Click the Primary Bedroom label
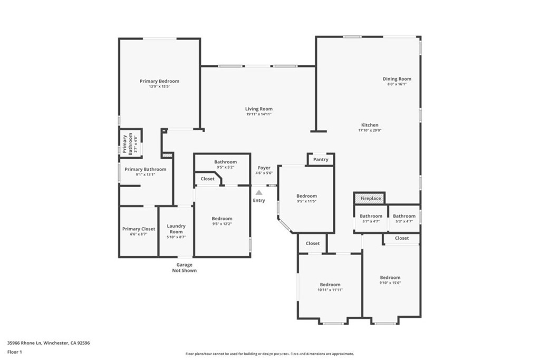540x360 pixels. coord(159,81)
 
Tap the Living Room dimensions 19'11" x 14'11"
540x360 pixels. coord(258,114)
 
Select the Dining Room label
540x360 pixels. coord(397,79)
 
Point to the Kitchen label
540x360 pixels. coord(369,125)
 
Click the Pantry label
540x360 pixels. coord(321,159)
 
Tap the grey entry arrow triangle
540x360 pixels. coord(259,193)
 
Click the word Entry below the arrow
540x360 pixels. coord(259,200)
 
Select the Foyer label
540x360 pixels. coord(264,168)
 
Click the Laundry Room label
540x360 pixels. coord(176,229)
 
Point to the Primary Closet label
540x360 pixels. coord(139,229)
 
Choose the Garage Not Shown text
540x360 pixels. coord(184,268)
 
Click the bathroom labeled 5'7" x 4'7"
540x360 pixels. coord(371,218)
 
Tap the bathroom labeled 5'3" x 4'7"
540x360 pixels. coord(404,218)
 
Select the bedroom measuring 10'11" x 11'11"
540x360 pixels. coord(330,287)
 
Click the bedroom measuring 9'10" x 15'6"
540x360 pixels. coord(390,280)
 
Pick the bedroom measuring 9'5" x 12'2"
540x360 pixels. coord(222,221)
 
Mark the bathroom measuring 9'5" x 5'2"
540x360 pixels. coord(225,164)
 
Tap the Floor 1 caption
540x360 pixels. coord(14,351)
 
